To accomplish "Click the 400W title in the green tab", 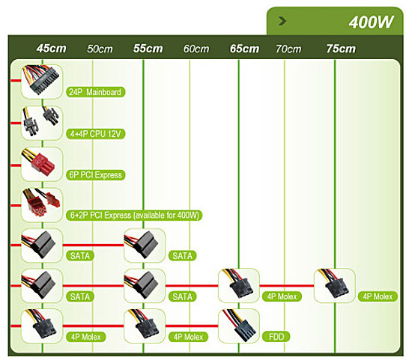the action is (372, 22).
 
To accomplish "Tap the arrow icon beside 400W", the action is (282, 21).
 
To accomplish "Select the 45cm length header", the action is (51, 49).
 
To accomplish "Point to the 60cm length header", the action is (196, 49).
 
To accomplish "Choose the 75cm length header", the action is (341, 49).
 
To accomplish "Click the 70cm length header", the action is (288, 49).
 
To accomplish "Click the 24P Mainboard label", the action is (96, 92).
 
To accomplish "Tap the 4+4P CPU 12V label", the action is (96, 134).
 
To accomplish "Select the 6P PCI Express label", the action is (96, 175).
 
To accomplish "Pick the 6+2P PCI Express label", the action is (134, 215).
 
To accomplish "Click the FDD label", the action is (276, 337).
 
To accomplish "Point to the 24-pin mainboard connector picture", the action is (42, 82).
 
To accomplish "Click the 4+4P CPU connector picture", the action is (42, 123).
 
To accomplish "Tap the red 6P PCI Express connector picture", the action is (42, 164).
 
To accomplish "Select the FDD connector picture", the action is (239, 326).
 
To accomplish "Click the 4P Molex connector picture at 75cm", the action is (335, 285).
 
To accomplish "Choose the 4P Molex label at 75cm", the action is (378, 296).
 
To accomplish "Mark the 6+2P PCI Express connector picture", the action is (42, 205).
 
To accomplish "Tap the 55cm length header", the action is (148, 49).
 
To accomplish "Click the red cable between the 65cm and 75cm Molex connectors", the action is (287, 286).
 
